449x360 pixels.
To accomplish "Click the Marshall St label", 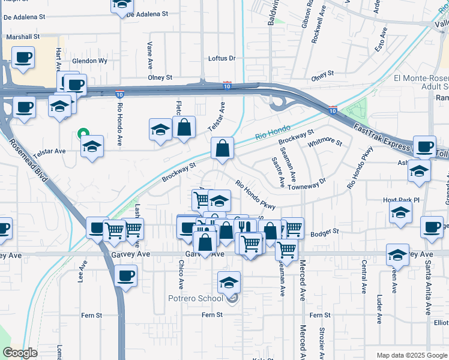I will (23, 37).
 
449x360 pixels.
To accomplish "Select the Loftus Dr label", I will (221, 58).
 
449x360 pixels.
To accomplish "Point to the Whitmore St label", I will (324, 143).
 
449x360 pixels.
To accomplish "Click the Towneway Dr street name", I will (307, 184).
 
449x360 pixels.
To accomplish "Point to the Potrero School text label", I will (196, 298).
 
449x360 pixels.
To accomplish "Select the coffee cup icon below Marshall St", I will (23, 58).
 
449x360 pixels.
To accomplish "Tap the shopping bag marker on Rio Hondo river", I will (222, 148).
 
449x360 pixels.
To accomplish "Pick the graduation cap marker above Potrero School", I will (229, 282).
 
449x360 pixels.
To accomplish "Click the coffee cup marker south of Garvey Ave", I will (125, 276).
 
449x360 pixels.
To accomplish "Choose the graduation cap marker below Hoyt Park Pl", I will (400, 213).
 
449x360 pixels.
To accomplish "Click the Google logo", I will (20, 353).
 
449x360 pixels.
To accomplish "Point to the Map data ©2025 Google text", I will (411, 355).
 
